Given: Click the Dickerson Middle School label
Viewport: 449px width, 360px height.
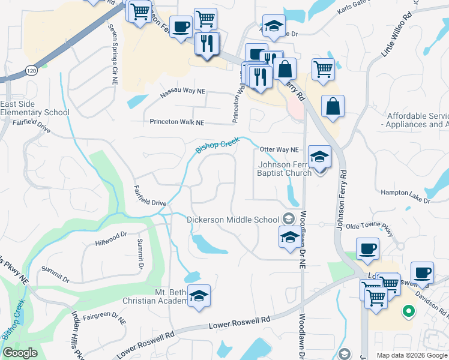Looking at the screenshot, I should coord(233,220).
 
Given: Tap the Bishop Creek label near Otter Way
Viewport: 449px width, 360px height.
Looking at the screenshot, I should coord(217,145).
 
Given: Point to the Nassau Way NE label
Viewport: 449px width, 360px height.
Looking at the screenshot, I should coord(182,94).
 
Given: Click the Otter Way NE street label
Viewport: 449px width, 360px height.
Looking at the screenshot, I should coord(279,149).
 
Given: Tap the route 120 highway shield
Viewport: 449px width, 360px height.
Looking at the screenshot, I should coord(32,70).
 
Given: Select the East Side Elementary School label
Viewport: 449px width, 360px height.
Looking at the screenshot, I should coord(35,108).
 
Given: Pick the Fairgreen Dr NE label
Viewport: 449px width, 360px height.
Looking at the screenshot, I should coord(104,318).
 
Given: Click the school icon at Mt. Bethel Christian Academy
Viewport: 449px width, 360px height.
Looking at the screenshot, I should coord(199,296).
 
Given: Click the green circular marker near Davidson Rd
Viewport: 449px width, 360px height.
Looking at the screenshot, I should coord(408,311).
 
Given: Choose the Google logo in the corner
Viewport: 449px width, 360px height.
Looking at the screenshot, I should coord(20,353).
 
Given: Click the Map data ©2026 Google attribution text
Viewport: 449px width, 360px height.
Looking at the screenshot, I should coord(411,355).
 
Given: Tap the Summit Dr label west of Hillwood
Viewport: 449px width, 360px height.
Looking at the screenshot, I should coord(55,277).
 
